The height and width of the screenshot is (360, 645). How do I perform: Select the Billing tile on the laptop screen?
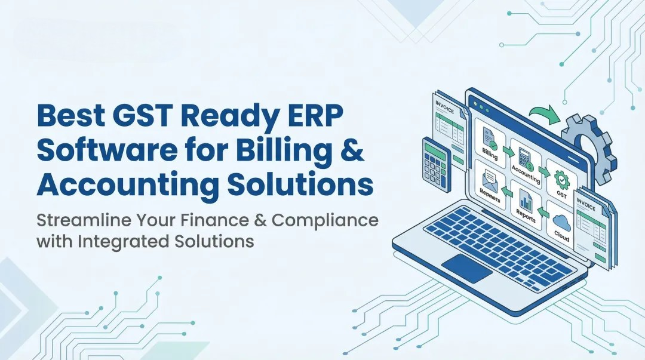click(x=490, y=143)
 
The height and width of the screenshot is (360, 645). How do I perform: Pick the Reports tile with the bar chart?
click(x=526, y=206)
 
